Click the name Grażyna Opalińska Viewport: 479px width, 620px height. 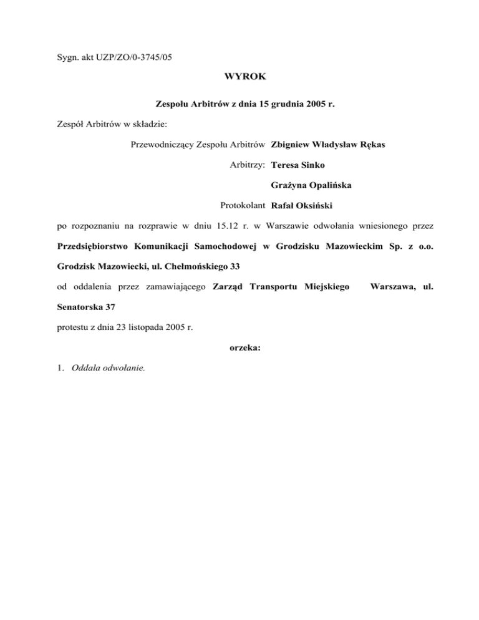click(x=307, y=185)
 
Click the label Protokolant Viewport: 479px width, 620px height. click(x=243, y=205)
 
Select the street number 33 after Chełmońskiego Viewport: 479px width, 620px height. click(x=235, y=266)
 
